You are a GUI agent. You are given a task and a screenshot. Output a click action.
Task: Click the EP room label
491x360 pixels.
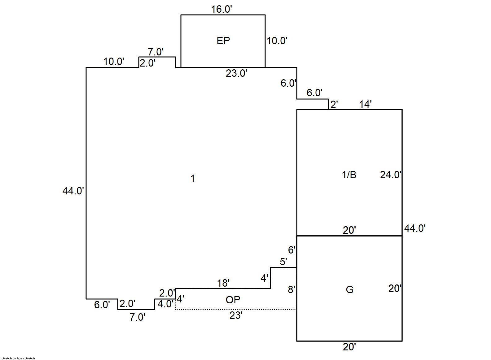coord(223,41)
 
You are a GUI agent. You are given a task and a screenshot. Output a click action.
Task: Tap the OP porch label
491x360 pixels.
coord(233,300)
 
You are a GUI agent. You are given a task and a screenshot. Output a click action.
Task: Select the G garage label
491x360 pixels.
coord(349,289)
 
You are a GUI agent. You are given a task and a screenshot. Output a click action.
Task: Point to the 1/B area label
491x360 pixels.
coord(349,175)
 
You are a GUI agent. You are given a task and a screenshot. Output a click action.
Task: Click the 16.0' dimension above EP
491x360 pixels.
coord(221,9)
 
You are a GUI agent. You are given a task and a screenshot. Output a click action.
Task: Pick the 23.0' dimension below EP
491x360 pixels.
coord(236,73)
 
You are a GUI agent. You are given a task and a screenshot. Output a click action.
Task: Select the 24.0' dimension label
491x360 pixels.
coord(391,175)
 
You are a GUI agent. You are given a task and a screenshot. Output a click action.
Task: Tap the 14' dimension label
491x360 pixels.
coord(365,104)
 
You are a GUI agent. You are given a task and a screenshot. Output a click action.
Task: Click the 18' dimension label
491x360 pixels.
coord(223,283)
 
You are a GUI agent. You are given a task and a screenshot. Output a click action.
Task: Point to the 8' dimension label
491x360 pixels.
coord(292,290)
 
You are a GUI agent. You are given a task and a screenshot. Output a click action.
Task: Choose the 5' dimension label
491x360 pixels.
coord(283,262)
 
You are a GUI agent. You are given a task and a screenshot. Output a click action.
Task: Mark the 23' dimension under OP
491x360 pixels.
coord(236,315)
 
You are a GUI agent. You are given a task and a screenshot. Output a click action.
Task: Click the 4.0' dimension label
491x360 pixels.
coord(165,304)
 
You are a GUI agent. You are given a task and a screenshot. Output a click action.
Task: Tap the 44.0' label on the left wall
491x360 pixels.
coord(73,191)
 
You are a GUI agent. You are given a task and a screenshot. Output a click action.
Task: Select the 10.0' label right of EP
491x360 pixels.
coord(277,41)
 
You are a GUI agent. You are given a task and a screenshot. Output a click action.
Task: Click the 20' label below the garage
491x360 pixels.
coord(349,347)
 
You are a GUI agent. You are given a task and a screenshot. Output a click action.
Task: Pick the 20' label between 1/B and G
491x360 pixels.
coord(349,230)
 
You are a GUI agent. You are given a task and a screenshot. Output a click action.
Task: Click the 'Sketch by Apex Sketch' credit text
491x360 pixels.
coord(18,358)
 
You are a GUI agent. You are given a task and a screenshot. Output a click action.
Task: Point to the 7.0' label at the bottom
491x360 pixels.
coord(137,317)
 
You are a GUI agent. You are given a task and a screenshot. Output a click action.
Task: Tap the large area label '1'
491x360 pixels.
coord(193,179)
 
